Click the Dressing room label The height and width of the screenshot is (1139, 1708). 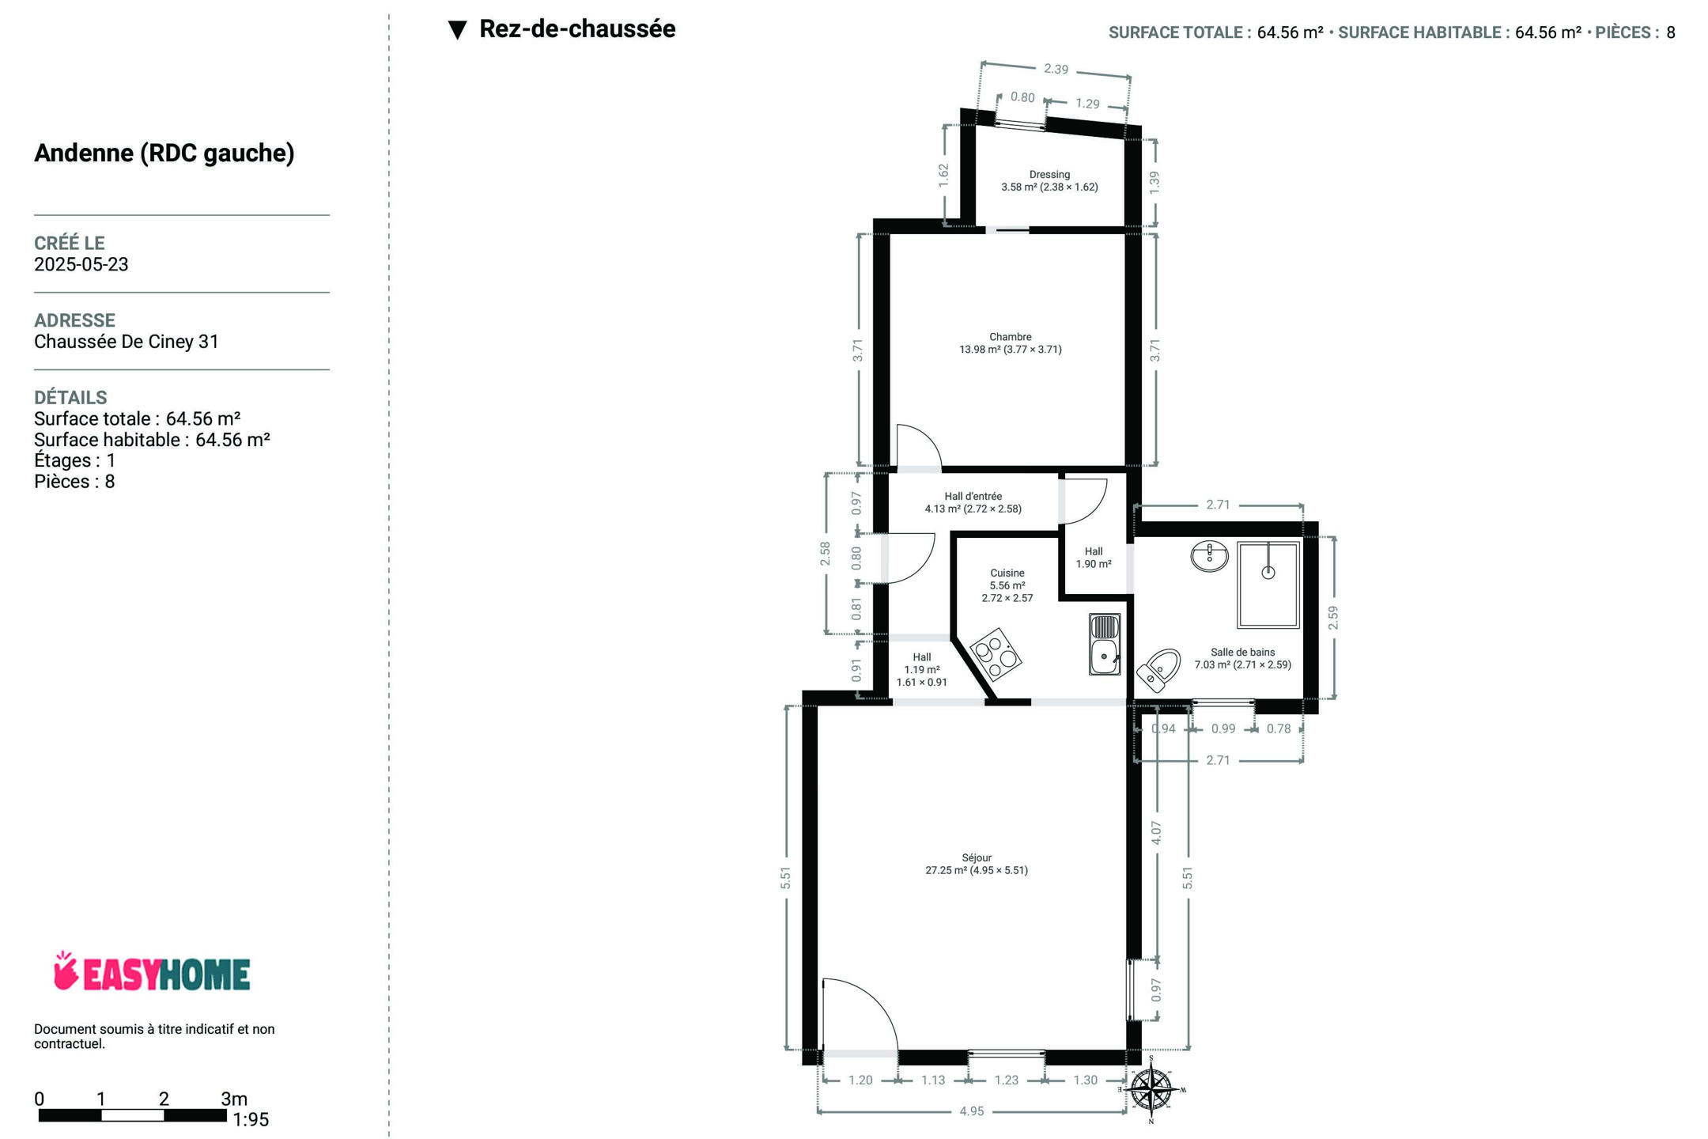[x=1049, y=175]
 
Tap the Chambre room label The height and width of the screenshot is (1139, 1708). [x=1011, y=337]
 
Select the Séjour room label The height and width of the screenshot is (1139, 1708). [x=977, y=857]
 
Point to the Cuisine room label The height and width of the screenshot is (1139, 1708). [x=1007, y=573]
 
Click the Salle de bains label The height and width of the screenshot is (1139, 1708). [x=1243, y=653]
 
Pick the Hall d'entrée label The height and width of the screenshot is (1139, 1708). [x=973, y=497]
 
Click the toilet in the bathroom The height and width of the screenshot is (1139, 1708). [x=1158, y=670]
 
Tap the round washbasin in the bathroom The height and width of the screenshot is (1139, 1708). [x=1209, y=556]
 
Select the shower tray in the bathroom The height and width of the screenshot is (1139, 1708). [x=1268, y=585]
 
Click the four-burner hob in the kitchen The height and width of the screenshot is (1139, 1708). [x=996, y=654]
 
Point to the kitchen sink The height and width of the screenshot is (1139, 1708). [x=1105, y=644]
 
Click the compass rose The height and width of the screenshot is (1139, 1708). [x=1151, y=1089]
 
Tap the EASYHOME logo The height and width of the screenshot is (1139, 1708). [x=152, y=972]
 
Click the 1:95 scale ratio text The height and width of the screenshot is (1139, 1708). [x=251, y=1120]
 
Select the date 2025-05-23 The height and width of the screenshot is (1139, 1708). [x=81, y=264]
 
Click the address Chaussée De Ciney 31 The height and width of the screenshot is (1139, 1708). [x=127, y=342]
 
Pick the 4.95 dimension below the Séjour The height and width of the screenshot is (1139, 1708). [x=972, y=1111]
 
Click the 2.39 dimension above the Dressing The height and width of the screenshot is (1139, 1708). [x=1056, y=69]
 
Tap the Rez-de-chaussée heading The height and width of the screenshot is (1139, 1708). [x=577, y=29]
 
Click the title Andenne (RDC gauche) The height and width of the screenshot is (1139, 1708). [x=164, y=153]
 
